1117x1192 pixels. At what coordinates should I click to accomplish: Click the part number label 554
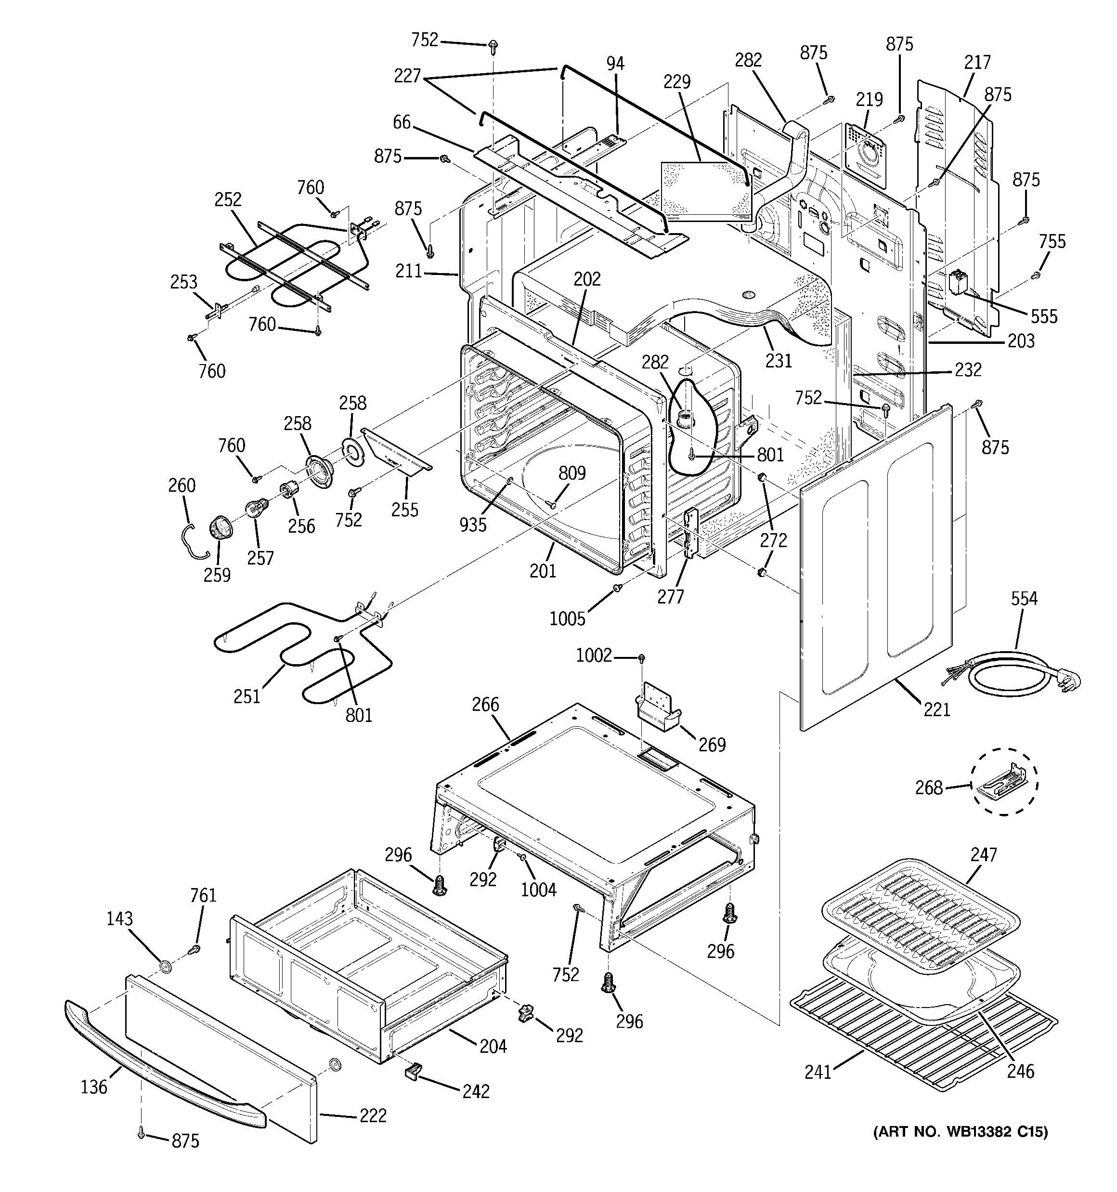click(1024, 598)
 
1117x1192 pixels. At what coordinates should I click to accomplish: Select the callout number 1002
click(594, 656)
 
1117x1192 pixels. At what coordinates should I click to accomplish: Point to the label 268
click(929, 787)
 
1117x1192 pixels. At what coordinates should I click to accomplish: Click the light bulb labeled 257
click(254, 509)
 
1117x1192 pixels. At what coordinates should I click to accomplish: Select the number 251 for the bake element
click(247, 696)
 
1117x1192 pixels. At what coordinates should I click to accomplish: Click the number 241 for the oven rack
click(818, 1071)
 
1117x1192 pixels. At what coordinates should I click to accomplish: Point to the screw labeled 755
click(1036, 275)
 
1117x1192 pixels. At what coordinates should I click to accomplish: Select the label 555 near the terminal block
click(1044, 316)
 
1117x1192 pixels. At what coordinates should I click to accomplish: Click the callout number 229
click(677, 81)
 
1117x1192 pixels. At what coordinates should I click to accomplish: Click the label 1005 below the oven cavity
click(567, 618)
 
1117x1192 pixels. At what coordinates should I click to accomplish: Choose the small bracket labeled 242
click(413, 1070)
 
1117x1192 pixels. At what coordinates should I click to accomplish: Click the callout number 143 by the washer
click(119, 918)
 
